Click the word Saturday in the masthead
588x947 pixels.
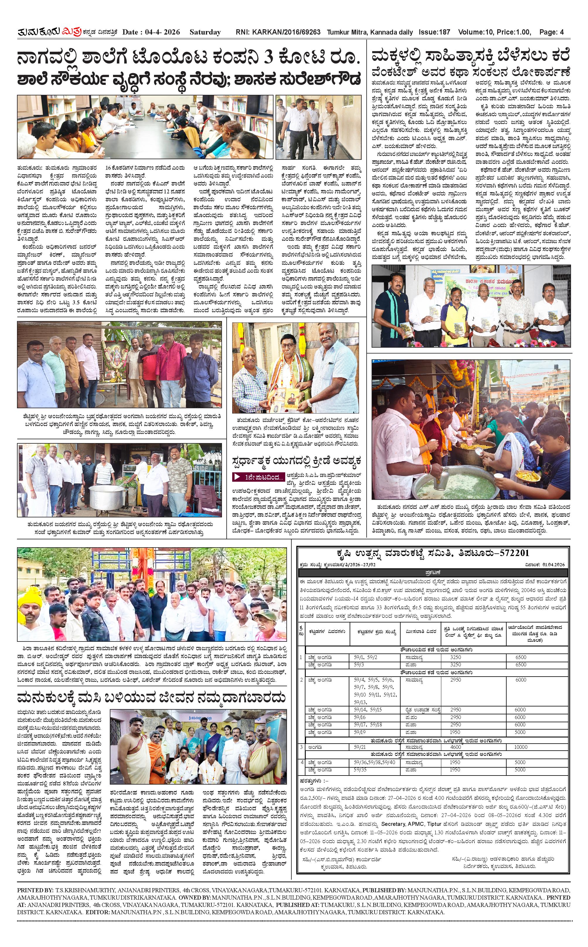[x=205, y=32]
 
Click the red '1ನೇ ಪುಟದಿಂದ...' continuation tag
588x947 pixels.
[x=258, y=477]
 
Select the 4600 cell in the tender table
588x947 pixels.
[x=455, y=747]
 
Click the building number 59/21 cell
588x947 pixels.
[x=360, y=747]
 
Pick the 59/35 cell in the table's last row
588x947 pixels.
[x=360, y=769]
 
